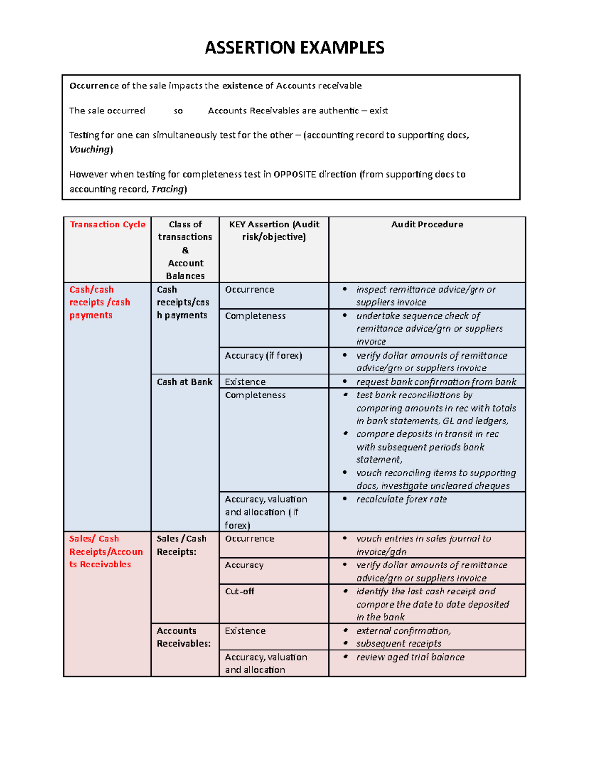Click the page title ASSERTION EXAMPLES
tap(294, 48)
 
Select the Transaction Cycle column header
tap(107, 225)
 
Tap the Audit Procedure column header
tap(427, 225)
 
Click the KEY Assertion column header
tap(274, 230)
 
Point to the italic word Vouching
tap(90, 149)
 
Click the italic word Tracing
tap(168, 189)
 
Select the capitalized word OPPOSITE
tap(295, 174)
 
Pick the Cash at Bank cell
tap(184, 382)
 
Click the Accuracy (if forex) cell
tap(263, 355)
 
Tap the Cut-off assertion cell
tap(239, 591)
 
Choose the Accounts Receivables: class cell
tap(184, 637)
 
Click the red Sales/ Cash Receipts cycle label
tap(106, 551)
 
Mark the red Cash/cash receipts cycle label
tap(99, 302)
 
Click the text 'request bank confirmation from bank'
tap(436, 382)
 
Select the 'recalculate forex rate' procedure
tap(402, 499)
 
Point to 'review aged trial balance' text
tap(410, 657)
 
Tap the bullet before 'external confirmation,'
tap(346, 631)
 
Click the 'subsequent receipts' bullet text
tap(399, 644)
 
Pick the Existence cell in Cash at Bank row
tap(245, 382)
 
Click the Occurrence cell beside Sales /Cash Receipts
tap(249, 538)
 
